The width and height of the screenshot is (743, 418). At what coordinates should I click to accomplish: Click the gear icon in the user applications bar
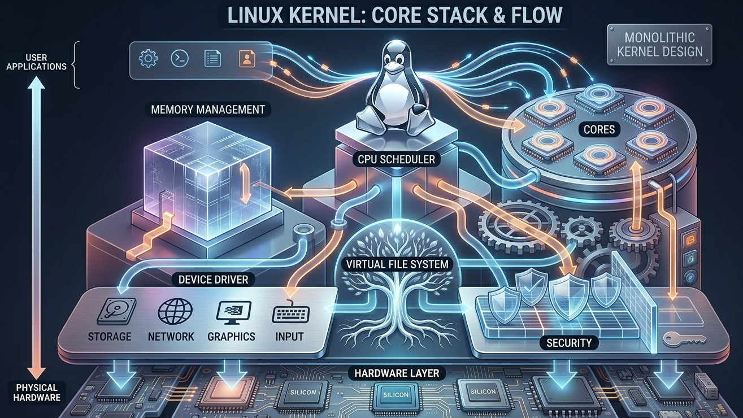148,59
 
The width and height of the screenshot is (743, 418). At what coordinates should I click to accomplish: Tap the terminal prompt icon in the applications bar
180,59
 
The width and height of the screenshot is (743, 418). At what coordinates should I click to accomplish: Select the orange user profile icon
247,59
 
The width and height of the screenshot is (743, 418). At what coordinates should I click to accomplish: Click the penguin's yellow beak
393,68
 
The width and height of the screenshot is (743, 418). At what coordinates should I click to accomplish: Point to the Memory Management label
208,110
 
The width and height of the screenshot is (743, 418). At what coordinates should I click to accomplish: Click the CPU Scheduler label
397,159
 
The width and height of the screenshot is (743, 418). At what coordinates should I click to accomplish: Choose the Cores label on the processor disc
599,129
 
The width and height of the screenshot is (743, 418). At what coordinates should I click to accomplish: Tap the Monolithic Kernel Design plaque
659,45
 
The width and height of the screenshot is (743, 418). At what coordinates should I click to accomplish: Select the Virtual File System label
397,264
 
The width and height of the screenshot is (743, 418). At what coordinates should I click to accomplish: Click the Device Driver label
213,280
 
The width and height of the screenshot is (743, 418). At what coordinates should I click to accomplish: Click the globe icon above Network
175,311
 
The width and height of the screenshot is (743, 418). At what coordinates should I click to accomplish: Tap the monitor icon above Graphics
233,312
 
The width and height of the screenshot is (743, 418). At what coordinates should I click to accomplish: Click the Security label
569,343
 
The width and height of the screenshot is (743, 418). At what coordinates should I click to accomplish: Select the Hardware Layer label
397,373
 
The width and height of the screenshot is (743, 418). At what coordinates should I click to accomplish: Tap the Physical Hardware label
37,393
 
